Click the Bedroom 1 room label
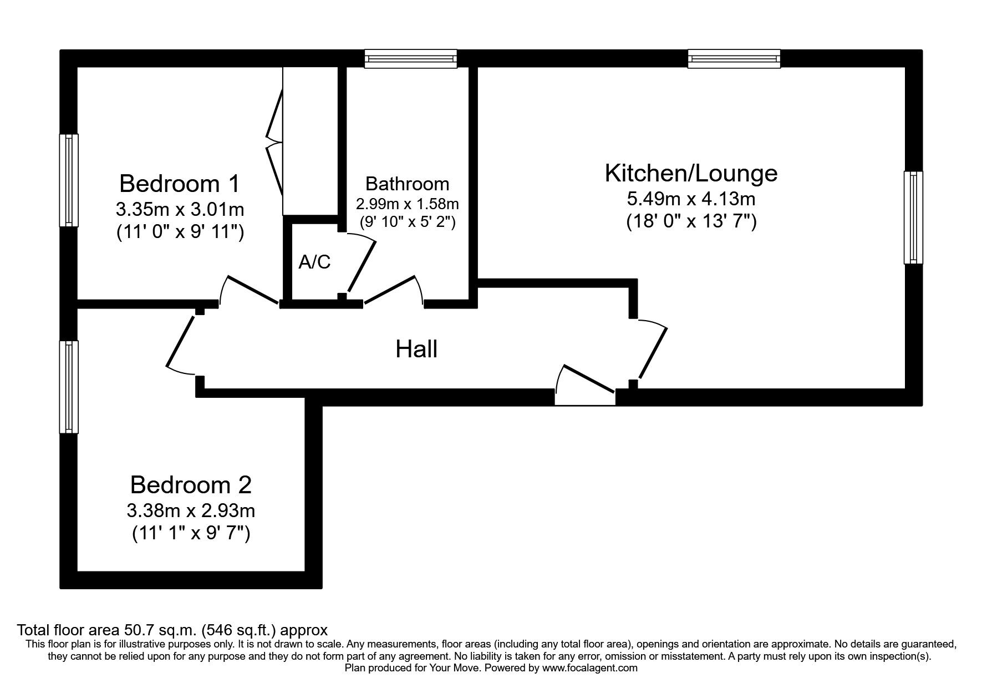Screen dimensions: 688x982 coord(180,183)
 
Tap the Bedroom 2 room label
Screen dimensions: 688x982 coord(191,485)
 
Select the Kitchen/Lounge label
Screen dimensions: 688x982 coord(691,173)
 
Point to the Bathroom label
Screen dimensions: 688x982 coord(407,184)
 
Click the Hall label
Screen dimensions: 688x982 coord(416,349)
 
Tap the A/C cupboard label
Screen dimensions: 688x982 coord(314,262)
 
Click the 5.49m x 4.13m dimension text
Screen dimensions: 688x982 coord(691,198)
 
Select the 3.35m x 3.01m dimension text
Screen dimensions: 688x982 coord(180,209)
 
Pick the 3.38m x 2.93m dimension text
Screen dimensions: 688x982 coord(191,510)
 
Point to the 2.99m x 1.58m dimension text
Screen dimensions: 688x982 coord(407,204)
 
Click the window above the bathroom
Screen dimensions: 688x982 coord(411,58)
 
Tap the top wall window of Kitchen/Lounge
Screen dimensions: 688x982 coord(734,58)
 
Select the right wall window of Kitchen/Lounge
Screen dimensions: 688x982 coord(913,217)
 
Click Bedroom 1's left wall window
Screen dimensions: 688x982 coord(69,180)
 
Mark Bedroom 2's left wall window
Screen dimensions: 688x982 coord(69,386)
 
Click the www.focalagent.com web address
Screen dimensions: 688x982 coord(589,668)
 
